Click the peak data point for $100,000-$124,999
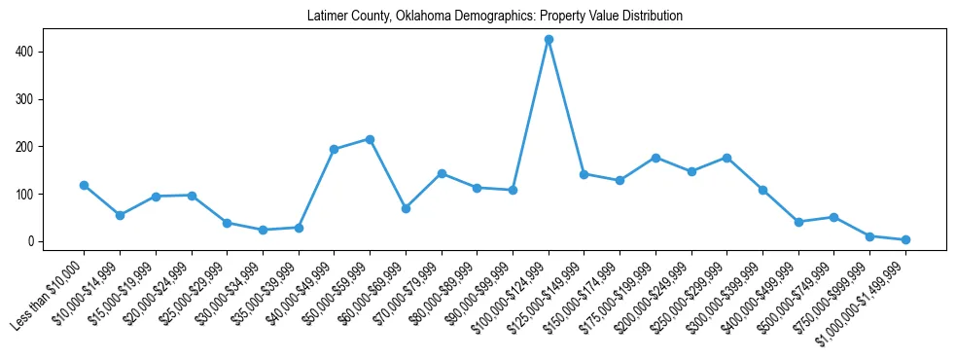pyautogui.click(x=549, y=40)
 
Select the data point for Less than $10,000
pyautogui.click(x=84, y=185)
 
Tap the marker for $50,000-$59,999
pyautogui.click(x=370, y=139)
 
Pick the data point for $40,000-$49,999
pyautogui.click(x=334, y=149)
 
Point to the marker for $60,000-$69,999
pyautogui.click(x=406, y=208)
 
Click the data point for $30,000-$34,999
pyautogui.click(x=263, y=230)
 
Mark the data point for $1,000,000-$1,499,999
pyautogui.click(x=905, y=239)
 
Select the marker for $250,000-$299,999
pyautogui.click(x=726, y=158)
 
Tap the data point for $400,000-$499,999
pyautogui.click(x=798, y=222)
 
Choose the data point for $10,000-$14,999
pyautogui.click(x=120, y=215)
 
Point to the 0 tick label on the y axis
pyautogui.click(x=31, y=241)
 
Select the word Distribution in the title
pyautogui.click(x=651, y=17)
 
